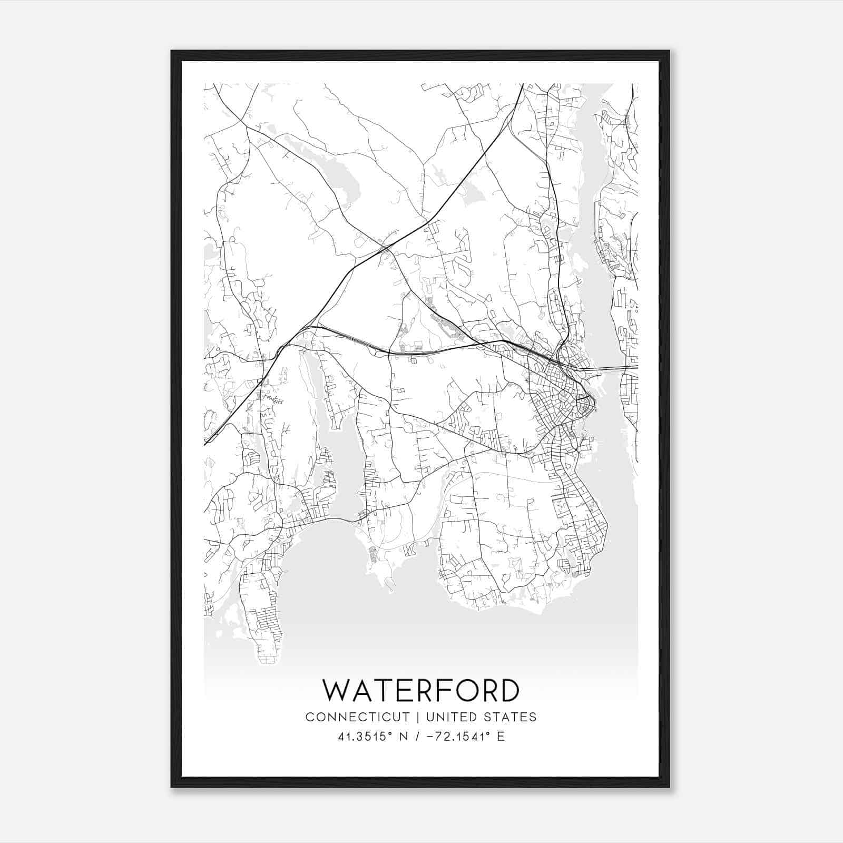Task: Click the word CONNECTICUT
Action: (357, 717)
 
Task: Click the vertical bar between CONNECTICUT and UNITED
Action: (418, 717)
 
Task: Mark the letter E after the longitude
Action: (501, 737)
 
